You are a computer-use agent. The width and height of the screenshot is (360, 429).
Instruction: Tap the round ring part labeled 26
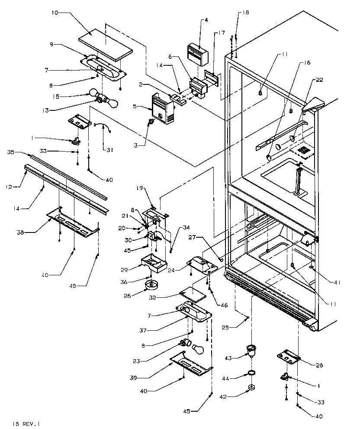click(152, 284)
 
